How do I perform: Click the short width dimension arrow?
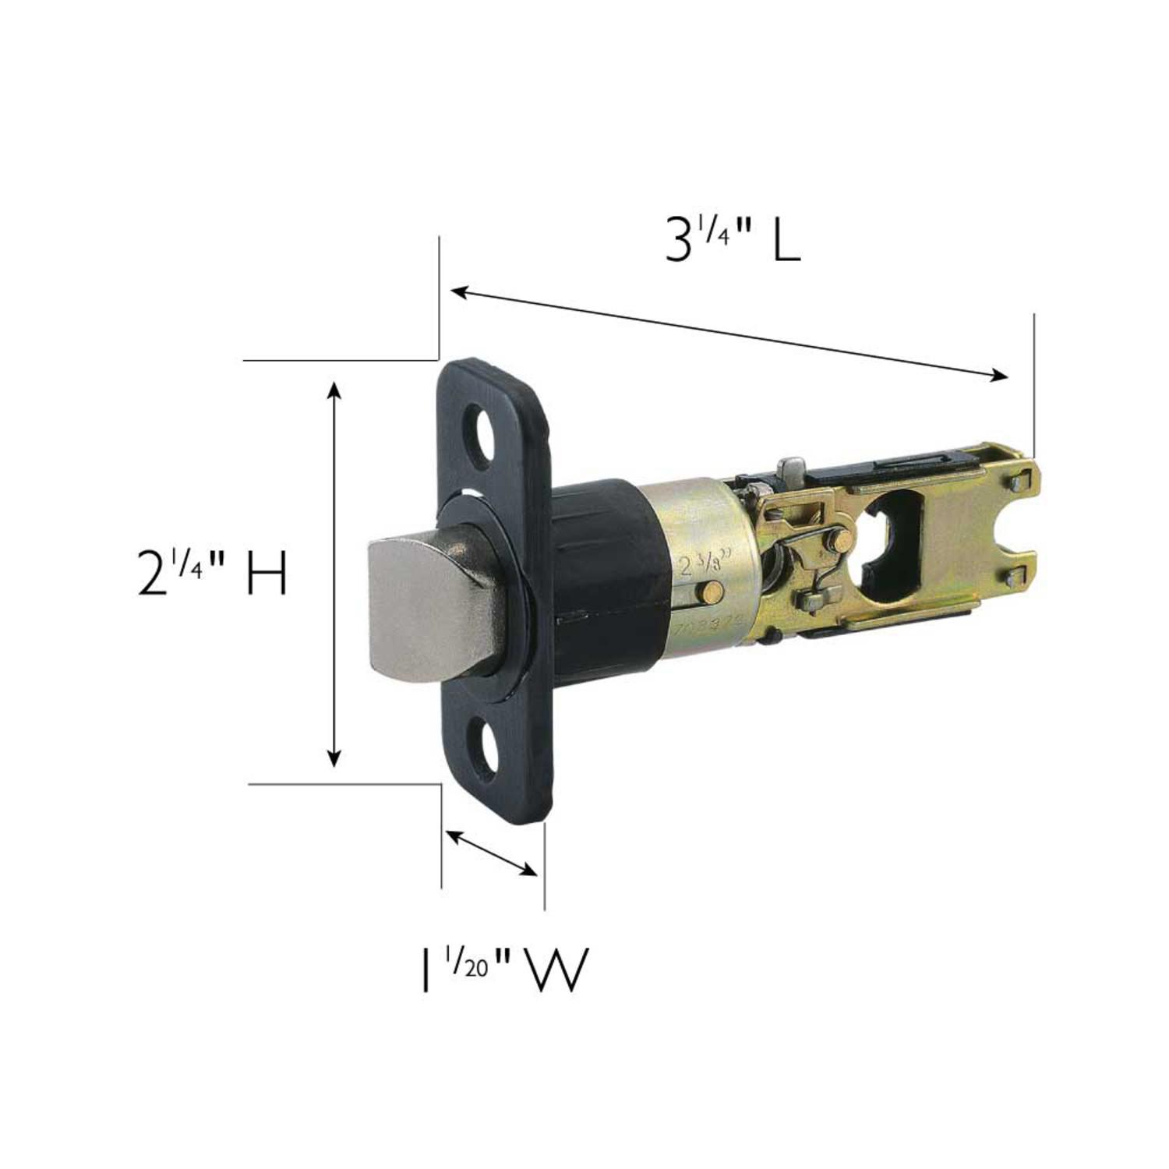(x=491, y=853)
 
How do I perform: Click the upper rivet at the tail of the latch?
(x=1016, y=483)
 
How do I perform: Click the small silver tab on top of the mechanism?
(x=793, y=468)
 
